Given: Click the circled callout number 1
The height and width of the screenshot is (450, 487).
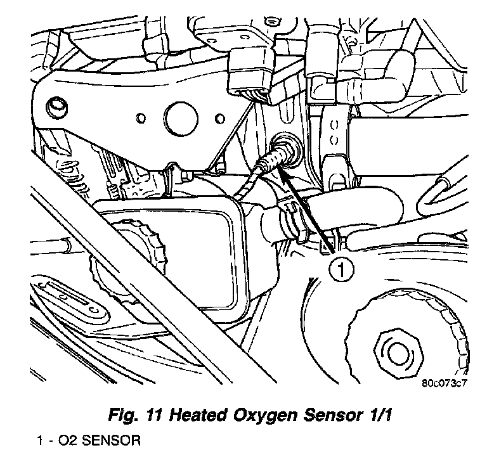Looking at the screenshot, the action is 341,271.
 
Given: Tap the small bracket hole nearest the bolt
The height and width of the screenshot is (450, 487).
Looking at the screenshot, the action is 140,117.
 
